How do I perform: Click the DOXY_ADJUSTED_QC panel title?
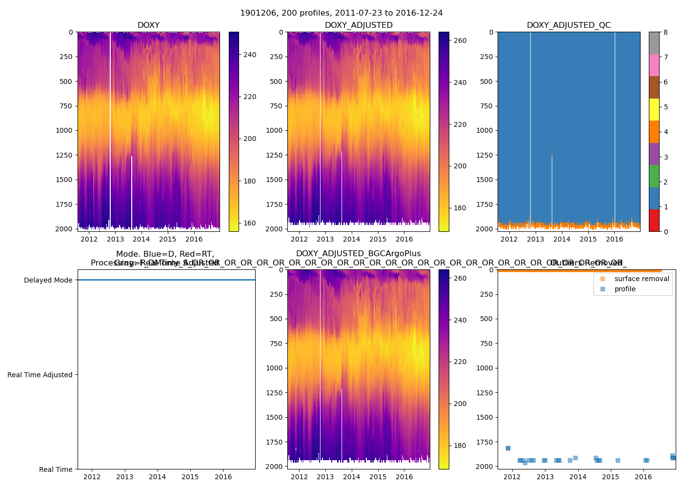(568, 25)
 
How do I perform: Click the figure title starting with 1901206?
(341, 13)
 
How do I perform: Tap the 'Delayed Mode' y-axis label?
(48, 280)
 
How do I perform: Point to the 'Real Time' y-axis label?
(56, 469)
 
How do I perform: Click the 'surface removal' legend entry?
(642, 279)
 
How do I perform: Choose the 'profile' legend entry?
(625, 289)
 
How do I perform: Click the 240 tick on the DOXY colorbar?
(250, 55)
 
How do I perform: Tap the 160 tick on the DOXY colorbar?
(250, 223)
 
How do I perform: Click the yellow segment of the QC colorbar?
(654, 110)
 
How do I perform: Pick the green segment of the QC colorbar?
(654, 176)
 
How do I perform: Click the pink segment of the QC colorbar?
(654, 65)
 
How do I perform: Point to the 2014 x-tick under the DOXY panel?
(141, 239)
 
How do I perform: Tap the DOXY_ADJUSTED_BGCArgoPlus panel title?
(358, 254)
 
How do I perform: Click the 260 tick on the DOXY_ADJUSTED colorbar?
(460, 41)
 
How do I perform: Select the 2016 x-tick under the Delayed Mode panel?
(223, 477)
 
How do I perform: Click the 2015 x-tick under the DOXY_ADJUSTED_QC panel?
(588, 239)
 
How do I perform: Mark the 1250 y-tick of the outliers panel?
(485, 393)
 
